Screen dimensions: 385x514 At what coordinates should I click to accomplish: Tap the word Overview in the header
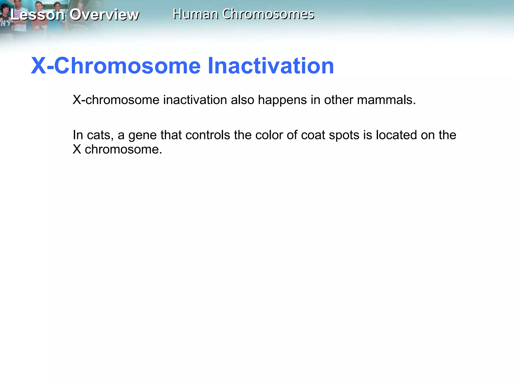tap(104, 15)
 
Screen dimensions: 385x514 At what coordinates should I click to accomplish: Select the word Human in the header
tap(196, 14)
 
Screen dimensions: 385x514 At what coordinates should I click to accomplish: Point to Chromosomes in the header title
tap(268, 14)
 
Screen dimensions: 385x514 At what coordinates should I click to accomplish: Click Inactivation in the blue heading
tap(271, 66)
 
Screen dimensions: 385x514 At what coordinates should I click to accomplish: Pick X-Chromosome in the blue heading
tap(116, 66)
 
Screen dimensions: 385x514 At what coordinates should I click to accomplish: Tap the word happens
tap(282, 100)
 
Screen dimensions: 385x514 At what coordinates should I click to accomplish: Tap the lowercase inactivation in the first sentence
tap(195, 100)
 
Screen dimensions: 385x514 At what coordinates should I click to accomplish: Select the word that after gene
tap(171, 135)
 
